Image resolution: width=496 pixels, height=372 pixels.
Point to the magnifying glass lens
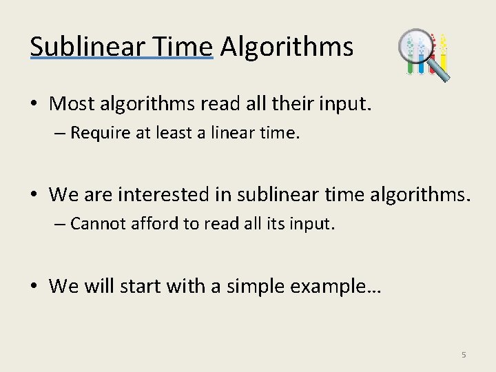(417, 48)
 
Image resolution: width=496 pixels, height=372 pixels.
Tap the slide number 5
(464, 355)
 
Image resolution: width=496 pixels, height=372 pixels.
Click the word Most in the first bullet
(72, 104)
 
